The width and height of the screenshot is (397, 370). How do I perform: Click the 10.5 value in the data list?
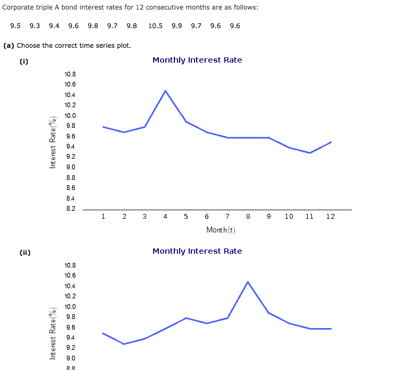(x=156, y=25)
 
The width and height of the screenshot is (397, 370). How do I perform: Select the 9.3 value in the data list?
(x=35, y=25)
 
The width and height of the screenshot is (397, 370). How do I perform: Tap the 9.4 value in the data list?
(x=54, y=25)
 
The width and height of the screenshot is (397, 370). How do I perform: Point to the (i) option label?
(x=24, y=61)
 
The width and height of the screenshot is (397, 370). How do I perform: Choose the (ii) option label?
(x=25, y=252)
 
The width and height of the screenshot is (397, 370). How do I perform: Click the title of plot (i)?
(x=197, y=60)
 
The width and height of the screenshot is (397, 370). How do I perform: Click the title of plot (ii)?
(x=197, y=251)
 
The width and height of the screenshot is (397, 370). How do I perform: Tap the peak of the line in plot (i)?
(x=165, y=91)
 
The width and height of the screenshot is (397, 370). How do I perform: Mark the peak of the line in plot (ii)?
(x=248, y=282)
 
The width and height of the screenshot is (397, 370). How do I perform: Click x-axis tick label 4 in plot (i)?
(x=165, y=217)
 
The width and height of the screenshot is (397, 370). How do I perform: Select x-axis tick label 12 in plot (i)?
(x=331, y=217)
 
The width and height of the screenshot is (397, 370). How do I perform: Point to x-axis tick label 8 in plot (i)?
(x=248, y=217)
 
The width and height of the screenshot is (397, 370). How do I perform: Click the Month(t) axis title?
(x=221, y=230)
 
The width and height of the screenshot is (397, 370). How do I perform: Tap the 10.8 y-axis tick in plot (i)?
(x=70, y=75)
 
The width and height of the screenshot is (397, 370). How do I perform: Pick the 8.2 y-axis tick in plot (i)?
(x=70, y=209)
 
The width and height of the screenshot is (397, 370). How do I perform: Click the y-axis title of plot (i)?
(x=53, y=142)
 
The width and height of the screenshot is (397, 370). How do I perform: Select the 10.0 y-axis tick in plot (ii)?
(x=70, y=307)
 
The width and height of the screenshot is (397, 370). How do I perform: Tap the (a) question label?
(x=9, y=46)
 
